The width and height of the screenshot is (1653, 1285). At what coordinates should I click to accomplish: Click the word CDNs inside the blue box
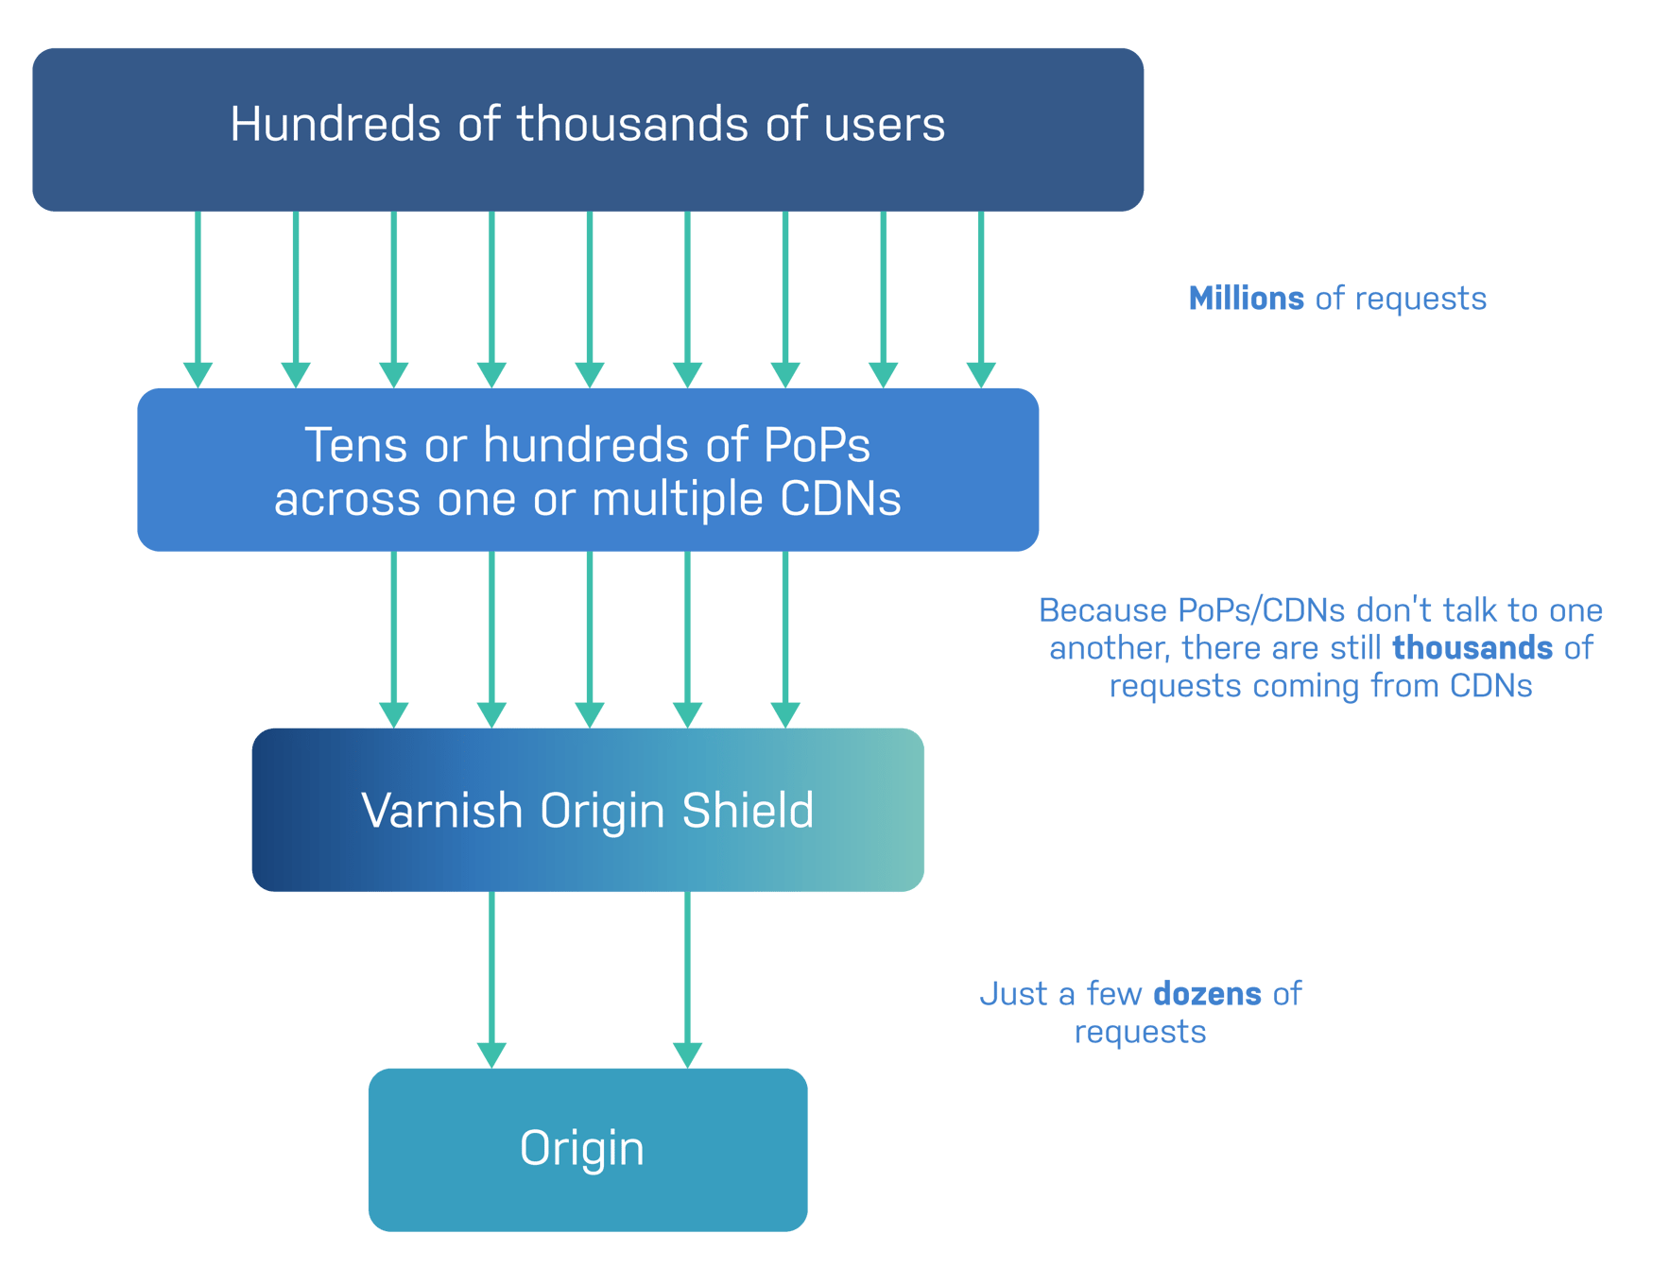tap(840, 499)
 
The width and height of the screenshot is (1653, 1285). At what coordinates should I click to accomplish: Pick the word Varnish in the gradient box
tap(441, 811)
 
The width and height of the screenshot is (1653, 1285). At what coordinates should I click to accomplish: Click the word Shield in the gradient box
tap(748, 811)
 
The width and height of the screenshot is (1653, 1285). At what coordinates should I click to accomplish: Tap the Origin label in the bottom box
tap(582, 1148)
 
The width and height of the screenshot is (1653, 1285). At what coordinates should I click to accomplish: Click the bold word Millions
tap(1246, 299)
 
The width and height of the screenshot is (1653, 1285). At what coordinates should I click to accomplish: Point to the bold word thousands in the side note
tap(1472, 648)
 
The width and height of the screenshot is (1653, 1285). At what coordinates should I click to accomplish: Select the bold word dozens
tap(1207, 994)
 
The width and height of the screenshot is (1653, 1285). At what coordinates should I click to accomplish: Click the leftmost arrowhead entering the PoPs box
tap(198, 374)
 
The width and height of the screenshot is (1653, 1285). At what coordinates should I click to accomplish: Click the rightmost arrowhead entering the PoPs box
tap(981, 374)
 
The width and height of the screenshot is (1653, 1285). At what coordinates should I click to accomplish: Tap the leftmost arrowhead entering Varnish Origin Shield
tap(393, 714)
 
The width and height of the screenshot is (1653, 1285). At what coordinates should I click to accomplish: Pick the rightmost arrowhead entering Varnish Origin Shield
tap(785, 714)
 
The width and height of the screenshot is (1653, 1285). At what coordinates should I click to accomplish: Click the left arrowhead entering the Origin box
tap(491, 1054)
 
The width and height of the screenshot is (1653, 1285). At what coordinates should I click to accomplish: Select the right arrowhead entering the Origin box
tap(687, 1054)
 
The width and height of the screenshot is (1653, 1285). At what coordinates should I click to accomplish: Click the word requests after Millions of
tap(1421, 299)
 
